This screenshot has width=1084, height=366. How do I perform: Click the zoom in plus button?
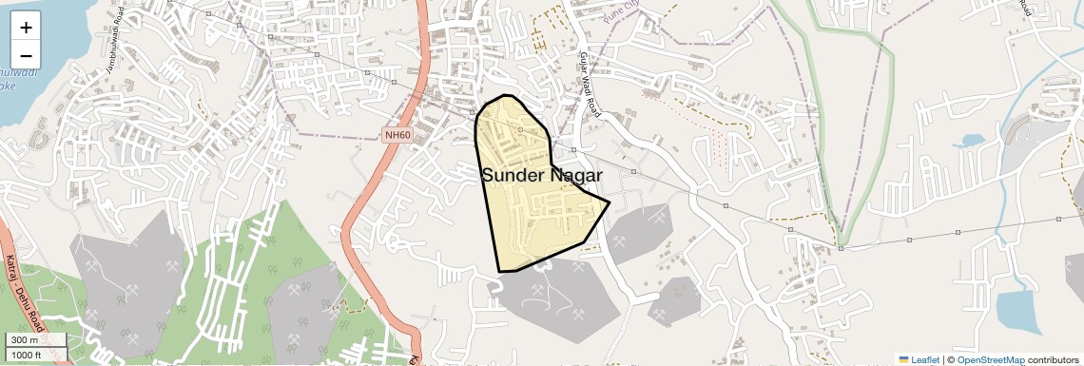(26, 28)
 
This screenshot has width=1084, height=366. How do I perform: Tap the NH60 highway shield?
(397, 135)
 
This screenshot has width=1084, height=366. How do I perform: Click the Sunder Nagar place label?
(542, 175)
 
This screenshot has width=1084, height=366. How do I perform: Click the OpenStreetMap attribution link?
(990, 360)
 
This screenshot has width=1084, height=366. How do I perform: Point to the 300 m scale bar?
(36, 339)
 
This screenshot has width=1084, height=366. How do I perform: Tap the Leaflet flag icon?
(903, 360)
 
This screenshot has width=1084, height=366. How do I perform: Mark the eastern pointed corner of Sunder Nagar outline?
(609, 202)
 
